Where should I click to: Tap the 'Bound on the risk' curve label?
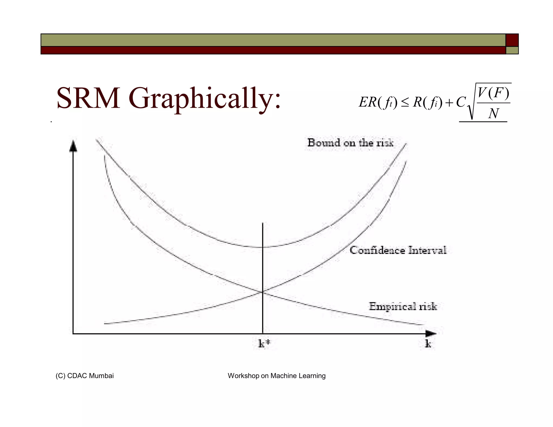point(350,143)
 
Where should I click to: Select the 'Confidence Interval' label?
point(398,250)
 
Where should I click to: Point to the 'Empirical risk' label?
point(403,306)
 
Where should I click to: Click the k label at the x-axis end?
point(428,344)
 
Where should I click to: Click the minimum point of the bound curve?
point(263,247)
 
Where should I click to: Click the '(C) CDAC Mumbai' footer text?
point(85,376)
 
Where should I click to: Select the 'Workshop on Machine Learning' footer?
point(276,376)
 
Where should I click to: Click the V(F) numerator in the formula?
point(493,93)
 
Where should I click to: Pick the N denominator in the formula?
point(493,113)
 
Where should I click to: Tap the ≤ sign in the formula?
point(405,103)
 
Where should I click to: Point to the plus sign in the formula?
point(449,103)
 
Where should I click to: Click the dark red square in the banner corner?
point(512,40)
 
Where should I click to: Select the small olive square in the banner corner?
point(512,50)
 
